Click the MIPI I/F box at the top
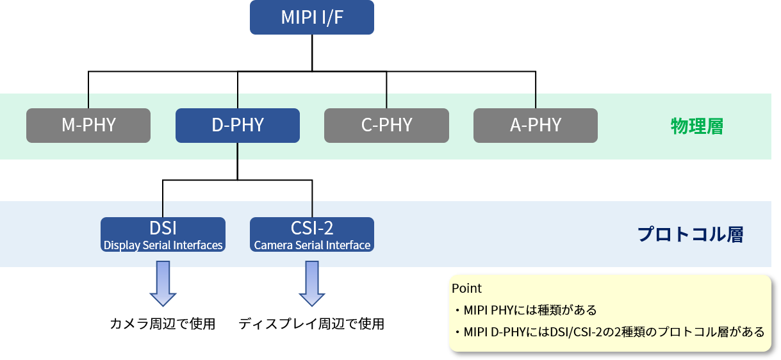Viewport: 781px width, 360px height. click(311, 17)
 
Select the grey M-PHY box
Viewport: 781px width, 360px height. click(88, 125)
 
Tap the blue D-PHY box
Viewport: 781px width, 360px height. click(238, 125)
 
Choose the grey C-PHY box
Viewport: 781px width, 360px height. click(386, 125)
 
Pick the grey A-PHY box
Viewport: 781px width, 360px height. click(536, 125)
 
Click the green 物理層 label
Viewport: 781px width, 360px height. click(696, 126)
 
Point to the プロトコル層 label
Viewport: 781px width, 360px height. click(690, 234)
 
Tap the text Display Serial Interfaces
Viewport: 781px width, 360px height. click(163, 245)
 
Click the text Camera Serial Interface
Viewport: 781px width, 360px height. click(312, 245)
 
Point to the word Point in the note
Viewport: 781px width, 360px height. click(466, 288)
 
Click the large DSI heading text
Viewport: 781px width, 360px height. click(163, 228)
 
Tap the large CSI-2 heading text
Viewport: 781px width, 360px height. click(312, 228)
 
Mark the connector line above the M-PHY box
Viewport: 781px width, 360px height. click(88, 101)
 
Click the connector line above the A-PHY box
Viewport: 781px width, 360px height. click(536, 101)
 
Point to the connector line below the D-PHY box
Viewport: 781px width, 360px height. click(238, 151)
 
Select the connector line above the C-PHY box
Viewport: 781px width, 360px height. click(386, 101)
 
